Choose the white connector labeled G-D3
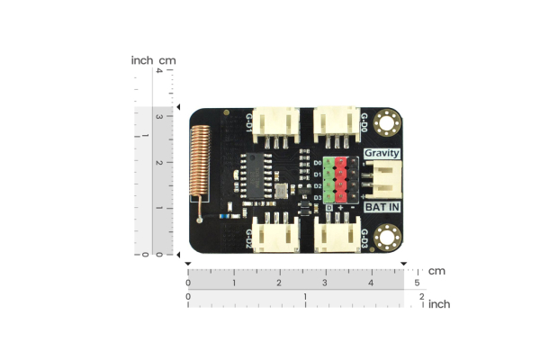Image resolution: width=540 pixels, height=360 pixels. (336, 236)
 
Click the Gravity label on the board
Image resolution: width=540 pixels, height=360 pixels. (382, 154)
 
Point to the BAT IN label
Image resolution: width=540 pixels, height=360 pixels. (382, 207)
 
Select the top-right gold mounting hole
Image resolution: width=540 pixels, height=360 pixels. (389, 120)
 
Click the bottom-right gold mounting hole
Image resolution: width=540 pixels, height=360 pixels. (389, 238)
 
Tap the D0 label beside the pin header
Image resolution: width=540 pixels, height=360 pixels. (318, 163)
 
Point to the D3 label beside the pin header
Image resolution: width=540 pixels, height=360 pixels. (318, 196)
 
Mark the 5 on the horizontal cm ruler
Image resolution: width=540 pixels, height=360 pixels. (417, 283)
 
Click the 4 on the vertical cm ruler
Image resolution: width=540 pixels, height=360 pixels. (158, 72)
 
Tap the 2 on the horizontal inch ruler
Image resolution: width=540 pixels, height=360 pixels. (421, 296)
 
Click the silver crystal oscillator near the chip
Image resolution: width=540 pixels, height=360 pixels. (284, 189)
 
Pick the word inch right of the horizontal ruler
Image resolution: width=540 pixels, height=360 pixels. (438, 304)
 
